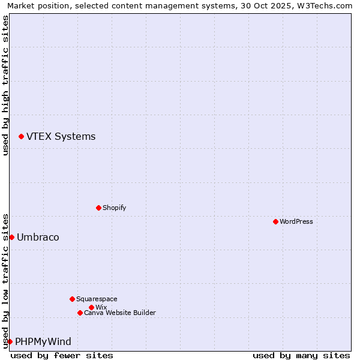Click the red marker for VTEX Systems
(x=21, y=137)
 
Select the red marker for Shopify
(x=98, y=208)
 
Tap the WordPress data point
(x=275, y=221)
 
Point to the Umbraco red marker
(x=11, y=237)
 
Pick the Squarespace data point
(x=72, y=299)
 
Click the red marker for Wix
(x=91, y=307)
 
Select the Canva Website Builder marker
(x=80, y=313)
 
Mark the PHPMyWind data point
(x=10, y=341)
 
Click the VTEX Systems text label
(x=61, y=136)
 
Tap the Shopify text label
(x=114, y=208)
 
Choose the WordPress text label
(x=296, y=221)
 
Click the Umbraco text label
(x=38, y=237)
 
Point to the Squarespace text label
(x=97, y=299)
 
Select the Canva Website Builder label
(x=119, y=313)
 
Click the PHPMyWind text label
(x=43, y=341)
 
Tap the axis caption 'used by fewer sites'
(x=62, y=355)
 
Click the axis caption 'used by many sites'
(x=301, y=355)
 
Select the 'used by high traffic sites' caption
(x=5, y=85)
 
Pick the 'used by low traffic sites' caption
(x=5, y=281)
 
